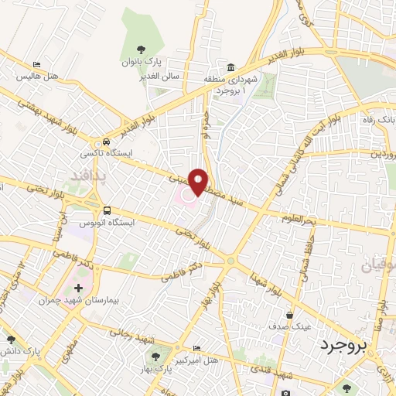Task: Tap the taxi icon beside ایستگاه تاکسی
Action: [x=106, y=142]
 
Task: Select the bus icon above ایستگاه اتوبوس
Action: [x=107, y=210]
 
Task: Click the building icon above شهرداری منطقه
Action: [x=232, y=67]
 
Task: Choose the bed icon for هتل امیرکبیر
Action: [x=196, y=349]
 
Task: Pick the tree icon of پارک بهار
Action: [x=157, y=357]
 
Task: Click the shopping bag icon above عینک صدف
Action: [x=290, y=316]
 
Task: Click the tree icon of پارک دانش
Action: [x=11, y=340]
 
